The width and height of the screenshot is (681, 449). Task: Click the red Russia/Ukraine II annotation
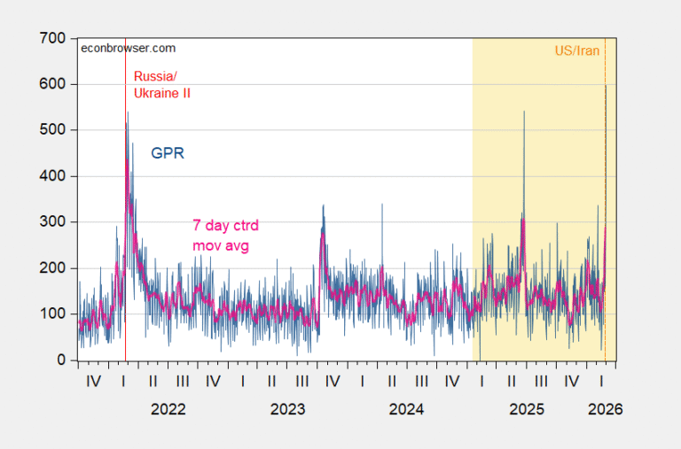(x=162, y=84)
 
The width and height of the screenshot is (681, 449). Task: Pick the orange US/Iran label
(x=577, y=50)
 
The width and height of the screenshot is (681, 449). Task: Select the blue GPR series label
(x=168, y=153)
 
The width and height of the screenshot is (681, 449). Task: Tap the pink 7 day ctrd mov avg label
(x=221, y=234)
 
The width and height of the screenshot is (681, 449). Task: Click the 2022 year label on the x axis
(x=168, y=409)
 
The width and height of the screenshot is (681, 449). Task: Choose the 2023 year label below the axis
(x=287, y=409)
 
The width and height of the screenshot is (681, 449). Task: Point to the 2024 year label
(x=406, y=409)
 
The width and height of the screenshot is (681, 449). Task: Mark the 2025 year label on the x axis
(x=527, y=409)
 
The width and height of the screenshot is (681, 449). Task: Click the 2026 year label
(x=605, y=409)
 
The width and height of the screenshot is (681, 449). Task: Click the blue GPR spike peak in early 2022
(x=127, y=112)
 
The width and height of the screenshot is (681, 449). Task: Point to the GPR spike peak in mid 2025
(x=524, y=112)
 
